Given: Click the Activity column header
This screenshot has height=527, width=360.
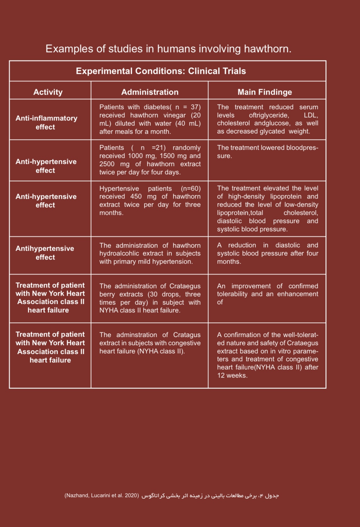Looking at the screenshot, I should (x=48, y=92).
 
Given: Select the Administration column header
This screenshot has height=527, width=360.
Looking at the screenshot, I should (x=150, y=92).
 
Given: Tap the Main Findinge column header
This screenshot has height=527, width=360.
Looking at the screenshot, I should (x=265, y=92).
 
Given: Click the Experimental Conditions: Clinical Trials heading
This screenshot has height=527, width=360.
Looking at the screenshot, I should (x=161, y=71).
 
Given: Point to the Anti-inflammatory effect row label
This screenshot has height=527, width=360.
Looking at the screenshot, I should (x=46, y=122).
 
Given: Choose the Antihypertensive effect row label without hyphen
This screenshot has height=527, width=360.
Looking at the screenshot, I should (x=45, y=253).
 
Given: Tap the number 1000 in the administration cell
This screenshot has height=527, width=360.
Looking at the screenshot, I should (x=135, y=156).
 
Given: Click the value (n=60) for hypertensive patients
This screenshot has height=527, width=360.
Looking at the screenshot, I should (x=190, y=188).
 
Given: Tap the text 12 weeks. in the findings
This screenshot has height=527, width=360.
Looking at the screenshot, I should (x=232, y=375).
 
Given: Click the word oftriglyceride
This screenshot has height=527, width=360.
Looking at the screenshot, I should (x=268, y=115).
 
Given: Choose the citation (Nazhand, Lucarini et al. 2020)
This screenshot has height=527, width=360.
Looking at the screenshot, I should (x=102, y=496).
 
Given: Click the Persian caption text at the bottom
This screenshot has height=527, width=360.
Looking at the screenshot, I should (x=210, y=496).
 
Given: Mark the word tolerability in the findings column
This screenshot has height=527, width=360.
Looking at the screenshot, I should (x=233, y=294).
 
